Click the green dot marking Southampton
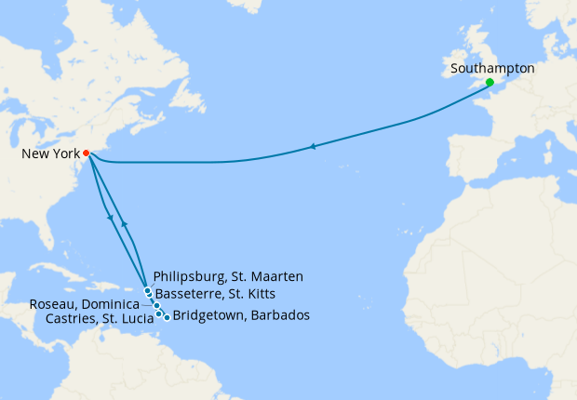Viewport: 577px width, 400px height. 490,83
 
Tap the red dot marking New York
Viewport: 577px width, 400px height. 86,153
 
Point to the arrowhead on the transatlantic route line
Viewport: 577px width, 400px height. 314,146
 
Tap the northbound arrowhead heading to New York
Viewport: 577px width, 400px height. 125,225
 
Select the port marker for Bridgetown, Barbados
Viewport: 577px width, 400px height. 167,317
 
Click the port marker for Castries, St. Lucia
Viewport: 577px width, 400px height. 159,313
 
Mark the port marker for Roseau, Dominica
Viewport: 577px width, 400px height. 156,305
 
